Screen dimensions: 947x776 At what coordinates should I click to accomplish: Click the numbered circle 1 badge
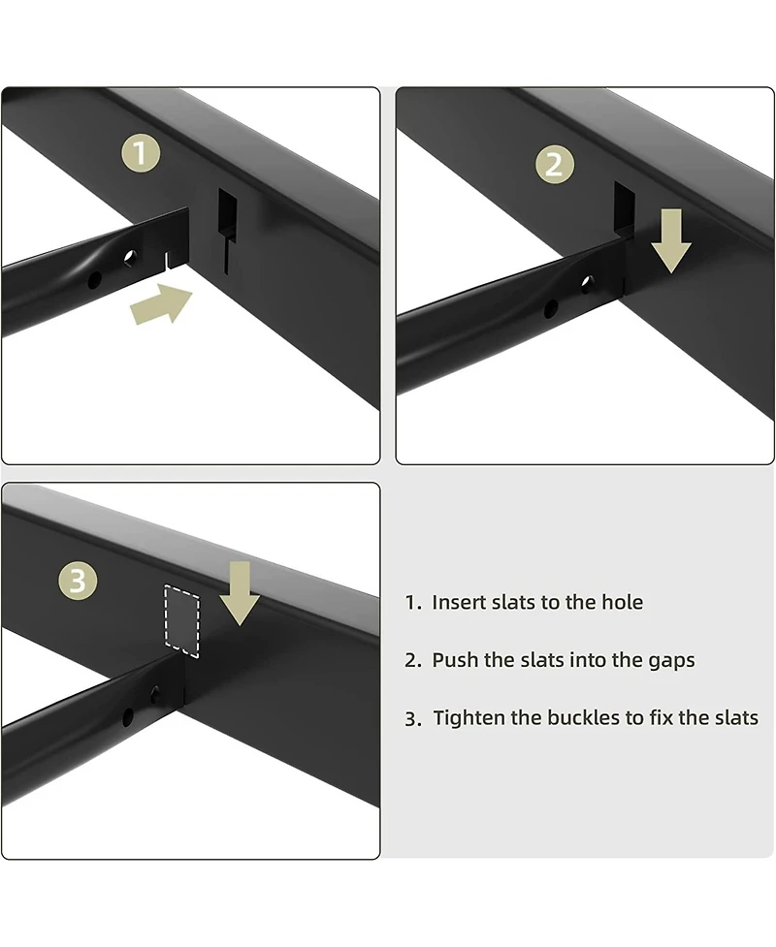pos(142,153)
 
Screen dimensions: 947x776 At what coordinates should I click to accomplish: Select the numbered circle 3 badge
pos(78,581)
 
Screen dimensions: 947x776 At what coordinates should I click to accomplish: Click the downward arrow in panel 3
pos(239,591)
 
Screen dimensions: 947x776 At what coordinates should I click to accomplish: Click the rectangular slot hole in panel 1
pos(227,214)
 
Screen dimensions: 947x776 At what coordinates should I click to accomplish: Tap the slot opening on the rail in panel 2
pos(623,206)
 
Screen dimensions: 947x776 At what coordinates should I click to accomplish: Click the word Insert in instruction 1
pos(458,602)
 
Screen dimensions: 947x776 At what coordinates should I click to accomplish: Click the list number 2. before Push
pos(413,661)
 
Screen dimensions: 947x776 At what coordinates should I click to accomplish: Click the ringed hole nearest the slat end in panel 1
pos(130,258)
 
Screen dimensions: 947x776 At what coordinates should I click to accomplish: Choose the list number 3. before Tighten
pos(413,719)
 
